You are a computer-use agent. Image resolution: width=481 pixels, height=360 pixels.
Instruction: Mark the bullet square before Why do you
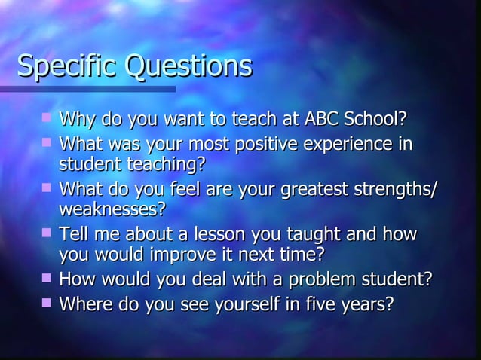click(x=47, y=117)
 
